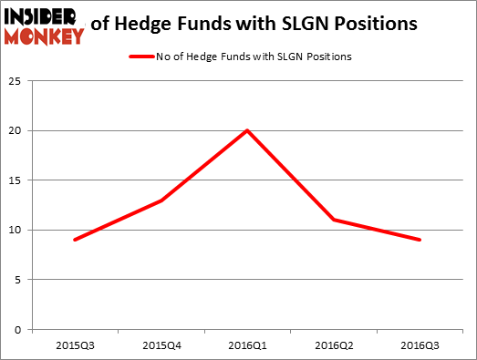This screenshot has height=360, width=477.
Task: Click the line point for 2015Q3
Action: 75,240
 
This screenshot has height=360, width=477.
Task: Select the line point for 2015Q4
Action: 161,201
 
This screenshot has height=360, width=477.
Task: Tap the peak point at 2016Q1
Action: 247,130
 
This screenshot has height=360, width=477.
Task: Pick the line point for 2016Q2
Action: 334,220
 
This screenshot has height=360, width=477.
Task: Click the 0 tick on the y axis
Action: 16,329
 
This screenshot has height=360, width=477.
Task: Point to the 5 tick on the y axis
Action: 16,280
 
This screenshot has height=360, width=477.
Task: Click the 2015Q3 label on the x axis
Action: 75,345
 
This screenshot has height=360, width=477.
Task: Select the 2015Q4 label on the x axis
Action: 161,345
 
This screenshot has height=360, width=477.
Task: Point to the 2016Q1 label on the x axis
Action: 247,345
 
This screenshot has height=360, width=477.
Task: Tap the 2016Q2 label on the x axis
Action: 334,345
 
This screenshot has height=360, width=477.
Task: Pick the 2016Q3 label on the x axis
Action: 420,345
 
